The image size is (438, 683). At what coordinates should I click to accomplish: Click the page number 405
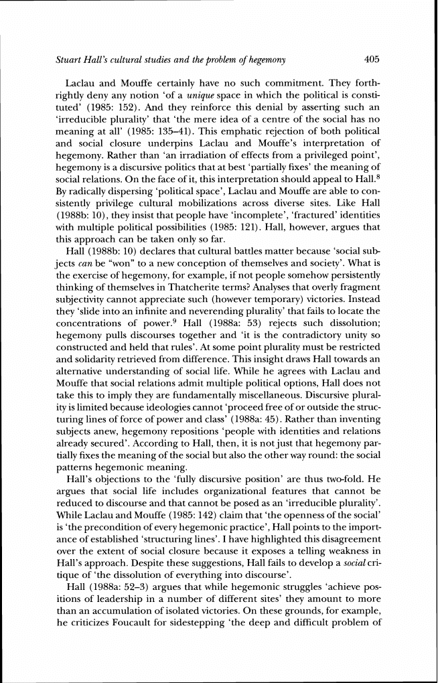coord(372,60)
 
